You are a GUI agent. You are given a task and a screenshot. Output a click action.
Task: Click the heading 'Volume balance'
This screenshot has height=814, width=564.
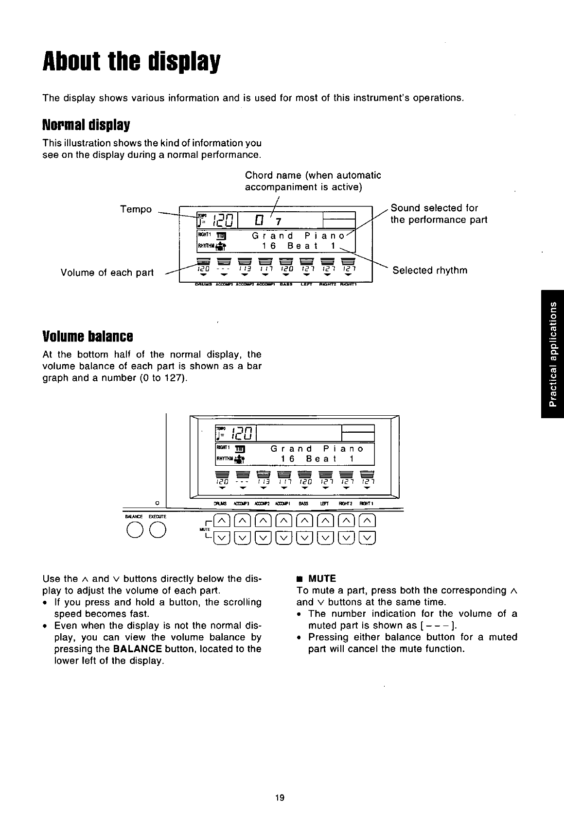[88, 336]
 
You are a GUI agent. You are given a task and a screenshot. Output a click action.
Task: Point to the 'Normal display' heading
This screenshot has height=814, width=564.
[86, 125]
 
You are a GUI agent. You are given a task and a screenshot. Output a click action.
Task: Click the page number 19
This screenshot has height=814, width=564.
[280, 797]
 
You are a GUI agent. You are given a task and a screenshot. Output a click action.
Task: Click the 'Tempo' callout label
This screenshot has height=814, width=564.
[136, 209]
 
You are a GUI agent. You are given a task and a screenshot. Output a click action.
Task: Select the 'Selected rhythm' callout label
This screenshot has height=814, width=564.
[430, 270]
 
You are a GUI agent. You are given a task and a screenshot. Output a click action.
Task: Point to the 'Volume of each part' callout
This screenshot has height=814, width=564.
[107, 272]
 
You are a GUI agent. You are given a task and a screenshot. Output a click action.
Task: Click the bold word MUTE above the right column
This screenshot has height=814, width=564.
[322, 578]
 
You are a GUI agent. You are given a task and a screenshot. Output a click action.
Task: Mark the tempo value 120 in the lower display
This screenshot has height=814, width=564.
[242, 432]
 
